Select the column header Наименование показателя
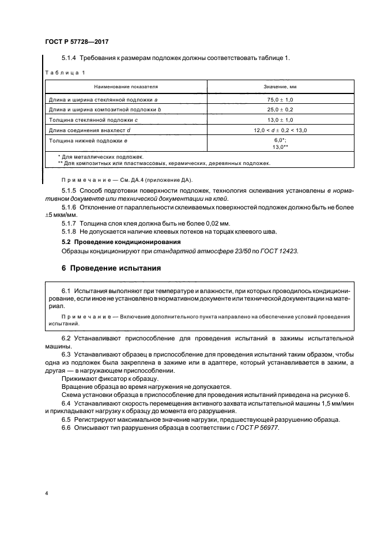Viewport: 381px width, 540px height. click(126, 87)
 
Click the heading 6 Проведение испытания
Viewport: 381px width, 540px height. click(111, 268)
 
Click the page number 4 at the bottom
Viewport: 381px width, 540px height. click(46, 494)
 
